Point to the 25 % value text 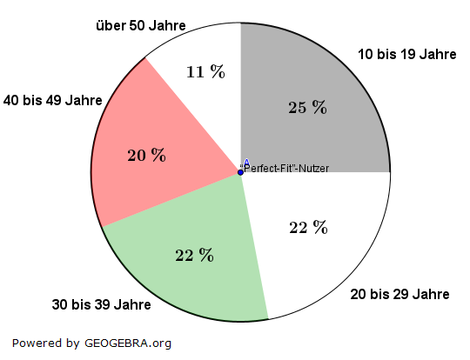click(x=307, y=108)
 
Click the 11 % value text click(x=205, y=72)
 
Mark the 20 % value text click(x=146, y=156)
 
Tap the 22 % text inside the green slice click(x=194, y=255)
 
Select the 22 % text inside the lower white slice click(x=307, y=228)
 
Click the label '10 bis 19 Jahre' click(x=406, y=55)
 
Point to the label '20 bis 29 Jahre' click(x=399, y=295)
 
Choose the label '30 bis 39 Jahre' click(x=101, y=305)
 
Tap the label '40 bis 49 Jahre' click(x=52, y=100)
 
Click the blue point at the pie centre click(x=241, y=172)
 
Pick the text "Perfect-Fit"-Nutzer click(x=285, y=169)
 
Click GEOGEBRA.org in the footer click(x=128, y=343)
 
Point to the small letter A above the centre click(x=246, y=163)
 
